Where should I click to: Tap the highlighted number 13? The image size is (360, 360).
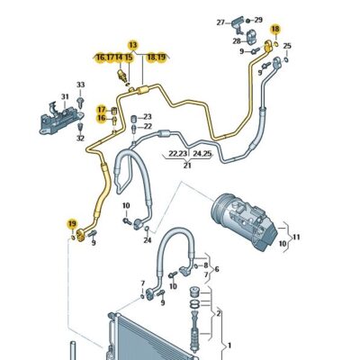pos(133,45)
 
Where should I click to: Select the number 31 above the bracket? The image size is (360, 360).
pos(65,97)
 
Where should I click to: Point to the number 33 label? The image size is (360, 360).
pos(80,85)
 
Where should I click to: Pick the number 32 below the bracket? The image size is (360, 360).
pos(80,139)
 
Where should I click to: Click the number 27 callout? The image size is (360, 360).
pos(220,22)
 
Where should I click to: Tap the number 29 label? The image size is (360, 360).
pos(258,20)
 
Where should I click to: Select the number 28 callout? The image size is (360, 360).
pos(237,41)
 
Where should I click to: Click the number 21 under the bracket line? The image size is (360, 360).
pos(187,166)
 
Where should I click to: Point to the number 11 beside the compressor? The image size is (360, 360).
pos(296,237)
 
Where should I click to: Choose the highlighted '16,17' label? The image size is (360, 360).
pos(105,58)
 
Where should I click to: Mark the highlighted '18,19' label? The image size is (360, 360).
pos(156,58)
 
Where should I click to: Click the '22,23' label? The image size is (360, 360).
pos(177,154)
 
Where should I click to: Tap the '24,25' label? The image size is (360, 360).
pos(202,154)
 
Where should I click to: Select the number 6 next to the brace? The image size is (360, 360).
pos(216,269)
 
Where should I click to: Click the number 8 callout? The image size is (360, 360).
pos(206,265)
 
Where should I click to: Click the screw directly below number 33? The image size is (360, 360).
pos(80,102)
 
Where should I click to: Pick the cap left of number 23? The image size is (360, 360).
pos(134,117)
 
